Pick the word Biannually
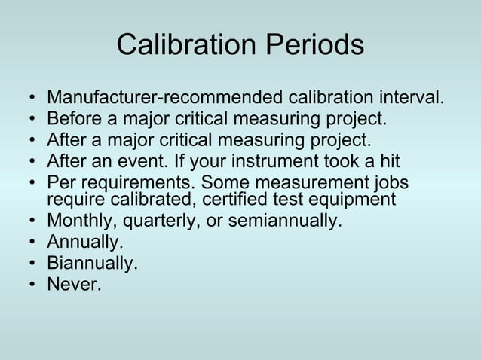pos(92,264)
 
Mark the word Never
pos(74,284)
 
